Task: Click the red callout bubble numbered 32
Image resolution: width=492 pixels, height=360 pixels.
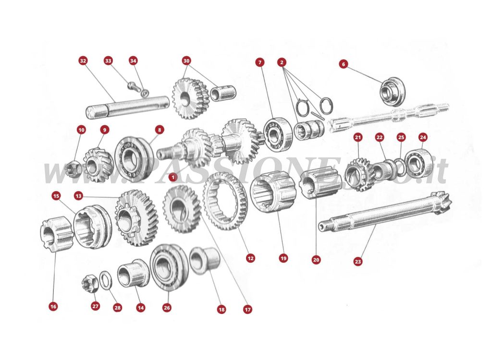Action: (83, 61)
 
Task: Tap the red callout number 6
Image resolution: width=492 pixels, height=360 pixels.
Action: (343, 64)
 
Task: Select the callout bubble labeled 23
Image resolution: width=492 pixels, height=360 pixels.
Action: (358, 262)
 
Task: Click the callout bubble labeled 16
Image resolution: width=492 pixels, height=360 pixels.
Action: (53, 306)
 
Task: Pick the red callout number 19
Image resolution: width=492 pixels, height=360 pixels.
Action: (283, 258)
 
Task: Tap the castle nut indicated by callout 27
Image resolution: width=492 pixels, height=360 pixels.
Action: (90, 283)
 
